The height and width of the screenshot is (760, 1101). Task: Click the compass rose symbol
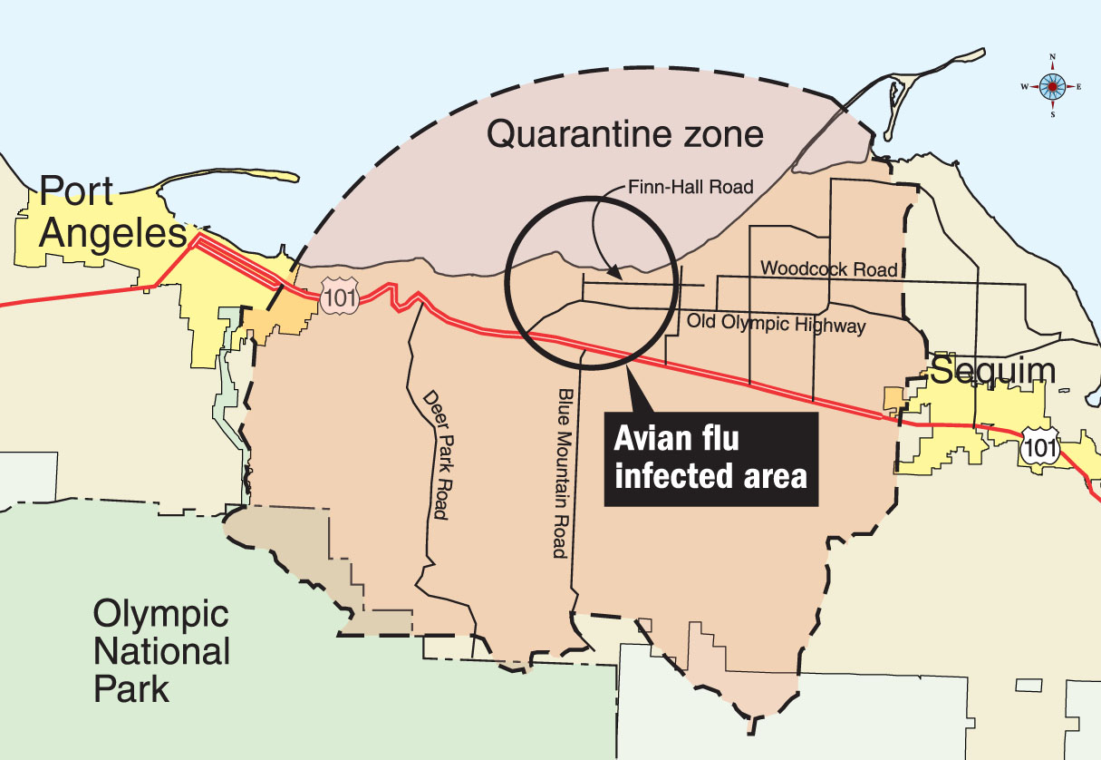1052,86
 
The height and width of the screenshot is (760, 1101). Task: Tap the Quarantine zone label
625,135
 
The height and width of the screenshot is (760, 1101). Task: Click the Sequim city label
993,370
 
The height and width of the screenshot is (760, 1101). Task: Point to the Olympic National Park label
161,651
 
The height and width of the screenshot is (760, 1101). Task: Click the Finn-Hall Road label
691,188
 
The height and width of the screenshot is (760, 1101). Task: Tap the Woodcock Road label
829,269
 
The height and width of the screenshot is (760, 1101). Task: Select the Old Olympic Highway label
776,323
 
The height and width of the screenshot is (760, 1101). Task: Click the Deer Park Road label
436,454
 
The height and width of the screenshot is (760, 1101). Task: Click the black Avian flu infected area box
711,459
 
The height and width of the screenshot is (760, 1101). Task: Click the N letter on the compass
1052,57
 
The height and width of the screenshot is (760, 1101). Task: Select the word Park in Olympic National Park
132,688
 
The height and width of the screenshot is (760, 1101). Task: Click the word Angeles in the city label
112,234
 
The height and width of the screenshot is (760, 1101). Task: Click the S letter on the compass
1052,115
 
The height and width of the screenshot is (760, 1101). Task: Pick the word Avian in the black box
653,440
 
